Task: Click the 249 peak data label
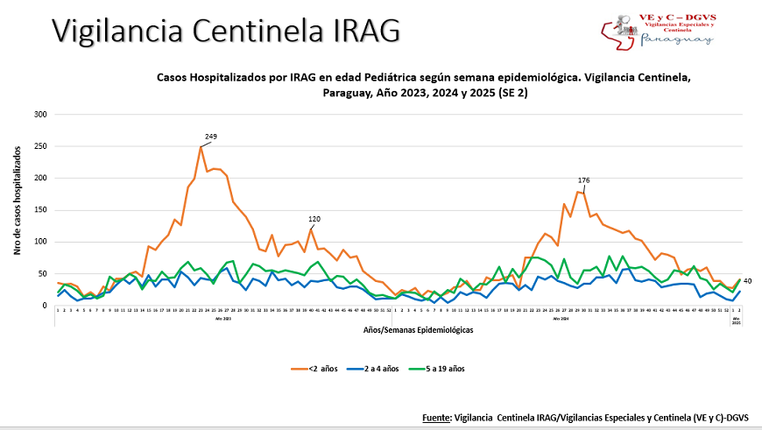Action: [211, 137]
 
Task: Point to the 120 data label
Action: [314, 218]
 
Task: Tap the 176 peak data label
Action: [583, 180]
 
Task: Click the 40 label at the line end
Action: [747, 280]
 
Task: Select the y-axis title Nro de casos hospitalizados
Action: [17, 201]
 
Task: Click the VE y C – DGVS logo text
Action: [679, 17]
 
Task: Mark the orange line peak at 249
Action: [201, 146]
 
